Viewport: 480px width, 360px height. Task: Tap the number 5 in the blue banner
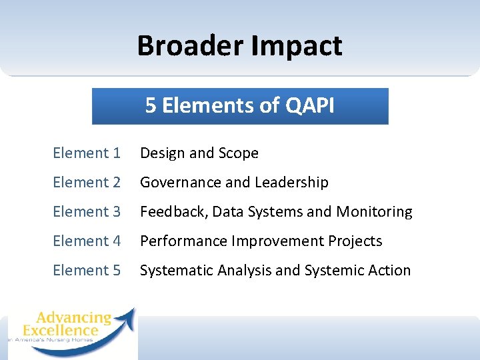[x=150, y=106]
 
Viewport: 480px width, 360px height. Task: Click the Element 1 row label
[x=87, y=153]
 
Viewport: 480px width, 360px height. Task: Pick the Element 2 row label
[x=87, y=183]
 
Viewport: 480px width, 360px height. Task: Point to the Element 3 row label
[x=87, y=212]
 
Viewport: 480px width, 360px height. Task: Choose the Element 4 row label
[x=87, y=241]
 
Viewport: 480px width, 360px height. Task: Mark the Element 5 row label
[x=87, y=271]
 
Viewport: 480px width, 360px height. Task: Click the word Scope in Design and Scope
[x=238, y=153]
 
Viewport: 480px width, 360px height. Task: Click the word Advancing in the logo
[x=73, y=317]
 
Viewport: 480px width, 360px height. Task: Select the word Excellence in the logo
[x=60, y=330]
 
